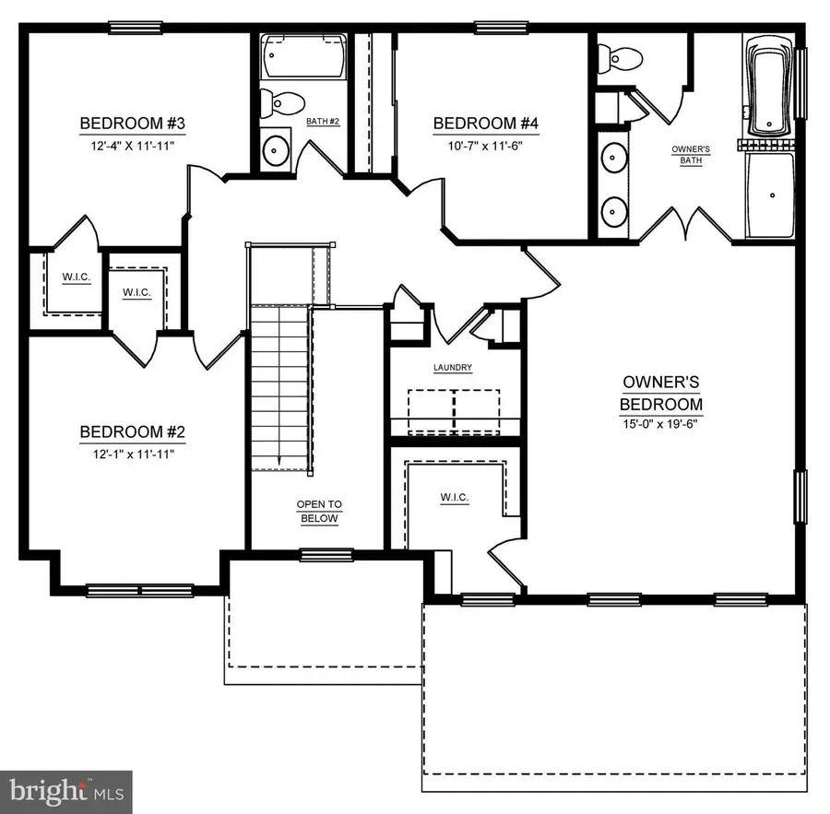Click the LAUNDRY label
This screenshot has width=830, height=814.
(x=453, y=368)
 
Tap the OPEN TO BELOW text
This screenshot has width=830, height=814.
(x=318, y=512)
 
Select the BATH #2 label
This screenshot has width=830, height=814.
(x=324, y=122)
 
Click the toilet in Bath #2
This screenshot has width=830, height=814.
(x=273, y=104)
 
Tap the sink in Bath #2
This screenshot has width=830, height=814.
(x=274, y=149)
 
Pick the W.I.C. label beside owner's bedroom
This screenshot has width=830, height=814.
(x=453, y=498)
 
